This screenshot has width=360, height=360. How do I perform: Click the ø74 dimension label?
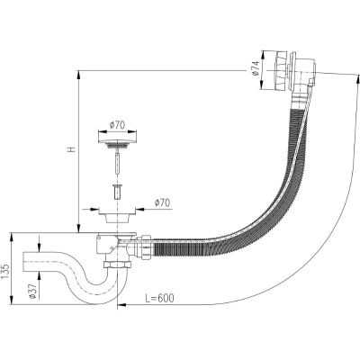click(255, 70)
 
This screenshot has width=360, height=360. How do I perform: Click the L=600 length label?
click(159, 298)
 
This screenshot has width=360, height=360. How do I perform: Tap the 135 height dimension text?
click(6, 272)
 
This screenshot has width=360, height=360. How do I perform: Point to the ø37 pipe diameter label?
click(32, 287)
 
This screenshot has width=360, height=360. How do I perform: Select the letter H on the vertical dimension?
click(72, 149)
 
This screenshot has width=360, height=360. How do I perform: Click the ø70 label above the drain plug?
click(117, 125)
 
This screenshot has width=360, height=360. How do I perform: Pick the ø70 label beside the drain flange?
click(162, 202)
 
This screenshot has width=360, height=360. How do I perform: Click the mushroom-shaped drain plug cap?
click(117, 140)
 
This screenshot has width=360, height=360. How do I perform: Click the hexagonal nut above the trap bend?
click(118, 265)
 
